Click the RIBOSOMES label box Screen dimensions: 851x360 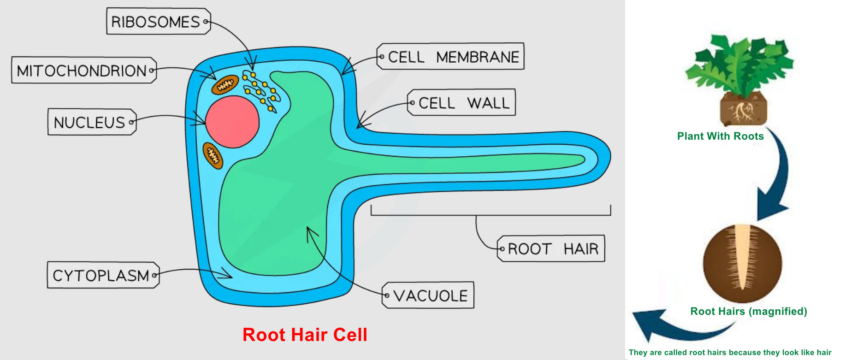click(x=159, y=21)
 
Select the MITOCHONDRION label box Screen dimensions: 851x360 click(x=84, y=70)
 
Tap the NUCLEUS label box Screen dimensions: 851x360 click(x=92, y=122)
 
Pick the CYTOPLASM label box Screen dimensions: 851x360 click(x=103, y=275)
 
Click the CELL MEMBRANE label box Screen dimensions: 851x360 click(x=450, y=56)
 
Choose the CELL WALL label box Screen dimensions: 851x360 click(x=461, y=102)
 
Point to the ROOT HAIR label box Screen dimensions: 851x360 click(x=551, y=248)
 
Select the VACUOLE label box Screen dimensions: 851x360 click(x=428, y=295)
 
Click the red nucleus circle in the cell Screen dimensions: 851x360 click(x=232, y=122)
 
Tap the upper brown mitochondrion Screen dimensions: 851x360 click(x=225, y=85)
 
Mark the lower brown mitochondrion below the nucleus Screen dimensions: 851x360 click(x=213, y=155)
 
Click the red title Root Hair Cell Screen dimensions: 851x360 click(x=305, y=335)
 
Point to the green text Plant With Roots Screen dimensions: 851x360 click(x=720, y=136)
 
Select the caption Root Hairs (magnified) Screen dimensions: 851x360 click(x=749, y=311)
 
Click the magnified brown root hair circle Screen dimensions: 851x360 click(x=742, y=263)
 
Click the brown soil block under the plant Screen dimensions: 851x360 click(x=743, y=109)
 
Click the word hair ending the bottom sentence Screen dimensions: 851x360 click(x=824, y=353)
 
